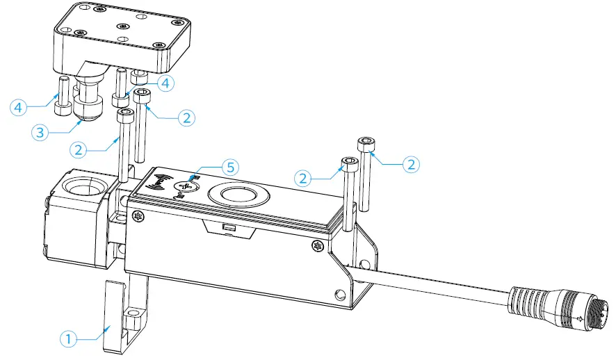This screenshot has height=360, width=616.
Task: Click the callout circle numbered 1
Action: pos(67,339)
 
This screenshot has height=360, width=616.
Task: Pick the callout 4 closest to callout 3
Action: pos(19,108)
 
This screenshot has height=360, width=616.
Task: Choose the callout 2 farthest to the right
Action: pos(411,165)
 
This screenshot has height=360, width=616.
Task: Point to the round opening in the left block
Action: pos(83,189)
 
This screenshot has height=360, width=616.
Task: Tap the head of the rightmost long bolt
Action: pos(367,143)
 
